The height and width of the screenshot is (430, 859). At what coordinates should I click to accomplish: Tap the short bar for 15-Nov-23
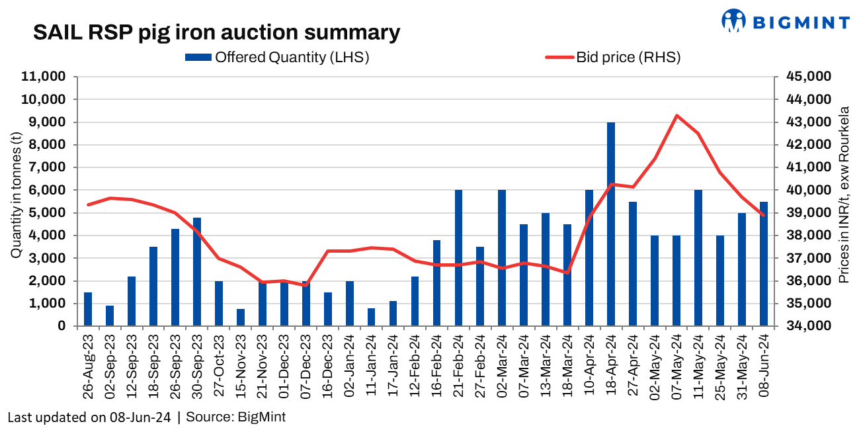coord(241,317)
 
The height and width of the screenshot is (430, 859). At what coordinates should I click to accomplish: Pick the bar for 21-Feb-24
coord(458,257)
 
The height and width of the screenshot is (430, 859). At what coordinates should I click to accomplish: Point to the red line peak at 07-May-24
coord(676,115)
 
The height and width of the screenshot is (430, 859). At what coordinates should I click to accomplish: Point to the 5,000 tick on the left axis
coord(46,212)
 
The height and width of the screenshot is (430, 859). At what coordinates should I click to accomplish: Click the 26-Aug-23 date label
coord(88,366)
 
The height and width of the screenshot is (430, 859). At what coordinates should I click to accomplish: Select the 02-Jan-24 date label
coord(350,366)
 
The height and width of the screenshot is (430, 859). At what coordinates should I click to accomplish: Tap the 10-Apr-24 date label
coord(589,366)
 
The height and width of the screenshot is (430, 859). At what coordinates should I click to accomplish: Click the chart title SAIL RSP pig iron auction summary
coord(218,32)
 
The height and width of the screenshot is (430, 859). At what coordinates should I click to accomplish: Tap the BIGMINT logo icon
coord(733,20)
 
